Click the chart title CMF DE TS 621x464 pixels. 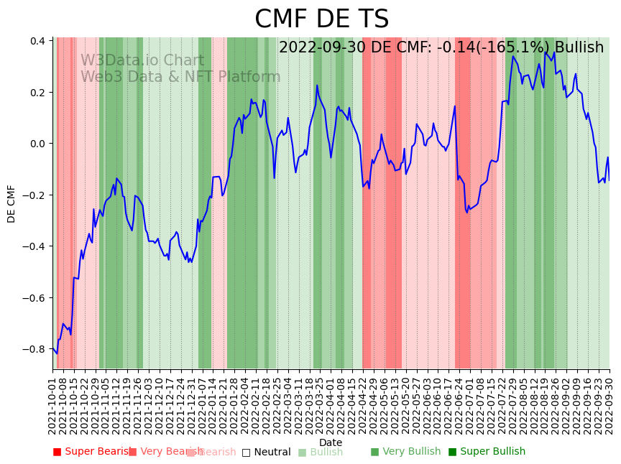pos(321,19)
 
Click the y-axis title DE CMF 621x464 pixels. pos(11,203)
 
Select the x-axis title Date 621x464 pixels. pos(331,442)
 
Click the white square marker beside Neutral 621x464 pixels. pos(246,452)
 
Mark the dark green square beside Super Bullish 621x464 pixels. pos(452,452)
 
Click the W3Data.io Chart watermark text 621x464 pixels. pos(142,61)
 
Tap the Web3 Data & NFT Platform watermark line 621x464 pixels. pos(180,77)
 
